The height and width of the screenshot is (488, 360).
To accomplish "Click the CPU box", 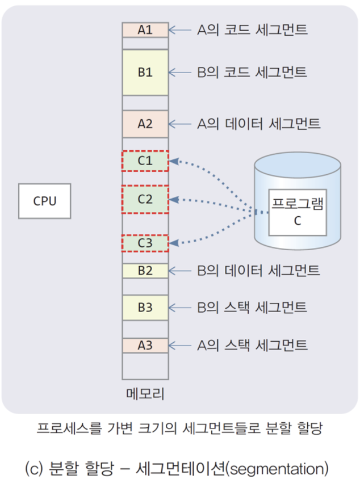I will coord(45,201).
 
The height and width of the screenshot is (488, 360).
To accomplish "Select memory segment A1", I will coord(145,30).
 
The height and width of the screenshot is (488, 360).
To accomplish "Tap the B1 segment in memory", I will coord(145,72).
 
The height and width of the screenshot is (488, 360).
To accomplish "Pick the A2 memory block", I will coord(145,123).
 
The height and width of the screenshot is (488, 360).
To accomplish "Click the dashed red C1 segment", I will coord(145,161).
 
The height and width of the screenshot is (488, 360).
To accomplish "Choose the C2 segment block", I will coord(145,199).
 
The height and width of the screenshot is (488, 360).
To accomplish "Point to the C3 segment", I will coord(145,243).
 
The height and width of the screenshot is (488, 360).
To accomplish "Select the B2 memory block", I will coord(145,271).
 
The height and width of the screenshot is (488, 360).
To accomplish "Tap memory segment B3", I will coord(145,308).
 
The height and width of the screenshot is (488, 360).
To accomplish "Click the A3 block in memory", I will coord(145,345).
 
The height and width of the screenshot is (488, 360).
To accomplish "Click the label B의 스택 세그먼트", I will coord(253,308).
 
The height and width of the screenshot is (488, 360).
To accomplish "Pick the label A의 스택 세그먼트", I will coord(253,345).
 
